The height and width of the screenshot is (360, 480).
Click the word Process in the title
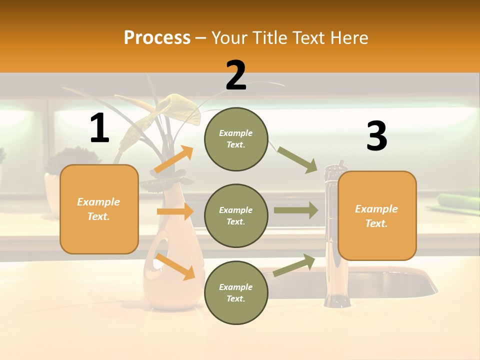(157, 37)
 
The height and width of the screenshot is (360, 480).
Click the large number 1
(99, 128)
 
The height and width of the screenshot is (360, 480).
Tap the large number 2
(236, 75)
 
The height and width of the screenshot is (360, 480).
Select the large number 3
(376, 136)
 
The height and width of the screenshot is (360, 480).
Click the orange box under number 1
(99, 209)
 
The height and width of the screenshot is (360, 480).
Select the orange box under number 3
(377, 215)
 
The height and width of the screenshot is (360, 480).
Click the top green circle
(236, 139)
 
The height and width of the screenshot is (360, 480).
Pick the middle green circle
(236, 215)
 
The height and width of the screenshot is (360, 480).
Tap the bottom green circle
(236, 292)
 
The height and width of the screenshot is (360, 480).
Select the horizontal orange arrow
(175, 211)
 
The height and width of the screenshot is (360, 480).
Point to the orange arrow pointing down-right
(175, 266)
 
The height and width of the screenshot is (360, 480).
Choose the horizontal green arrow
(296, 210)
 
